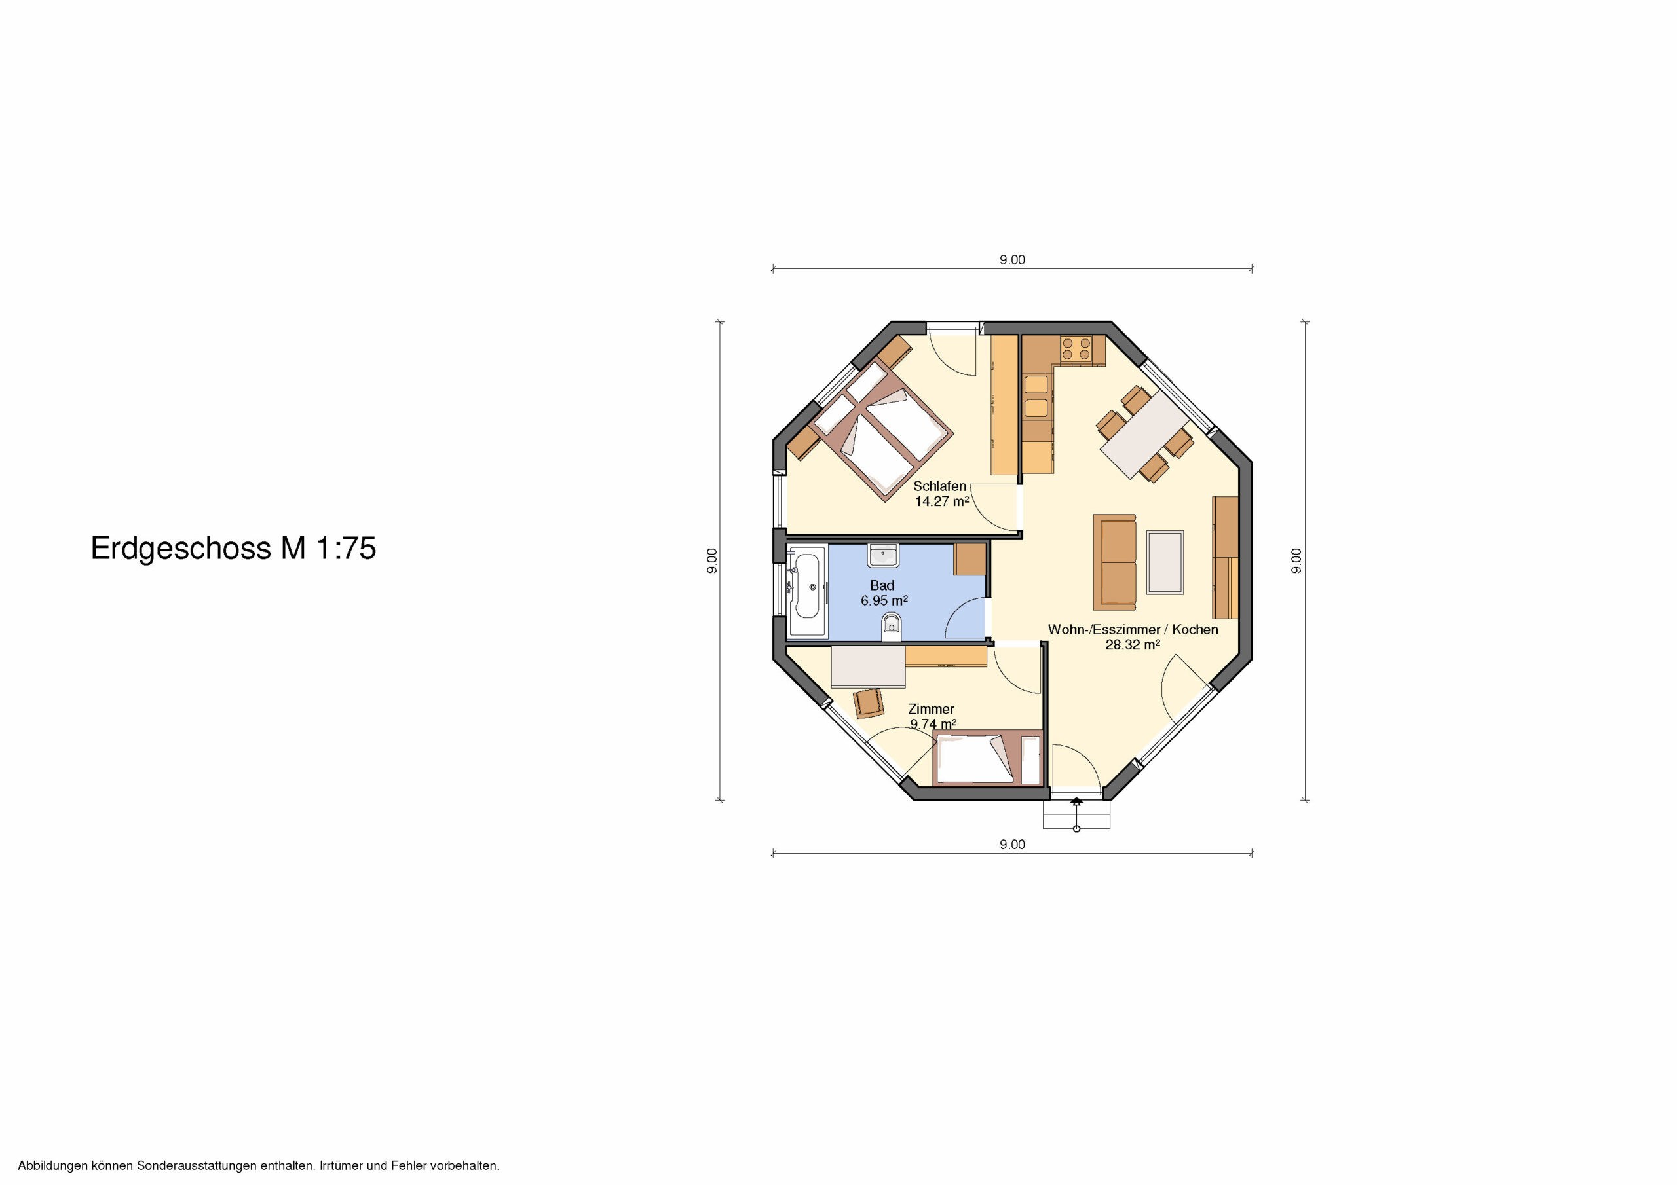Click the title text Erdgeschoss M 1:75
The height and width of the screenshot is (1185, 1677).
(233, 549)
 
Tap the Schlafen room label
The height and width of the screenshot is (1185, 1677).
(939, 486)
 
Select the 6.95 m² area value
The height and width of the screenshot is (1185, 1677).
(884, 601)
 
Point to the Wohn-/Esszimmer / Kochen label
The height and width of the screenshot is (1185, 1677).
(1133, 629)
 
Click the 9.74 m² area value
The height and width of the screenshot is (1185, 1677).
(933, 724)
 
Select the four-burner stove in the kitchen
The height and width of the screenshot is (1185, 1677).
(1076, 348)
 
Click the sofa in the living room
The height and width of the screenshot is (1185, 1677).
(1114, 562)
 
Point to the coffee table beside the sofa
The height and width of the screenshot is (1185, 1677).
(1165, 562)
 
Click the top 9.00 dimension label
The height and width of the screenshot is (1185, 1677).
(1012, 260)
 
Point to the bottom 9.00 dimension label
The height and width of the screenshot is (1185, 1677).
(1012, 844)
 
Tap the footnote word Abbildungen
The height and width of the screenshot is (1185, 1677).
(53, 1166)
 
